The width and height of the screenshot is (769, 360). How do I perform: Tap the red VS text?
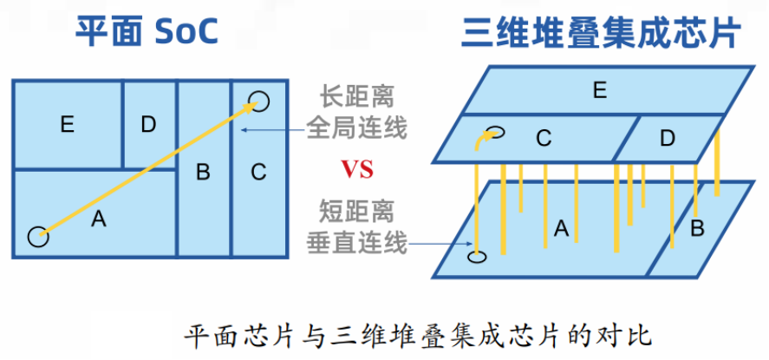pos(356,169)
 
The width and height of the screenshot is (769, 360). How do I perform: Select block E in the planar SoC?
pos(67,125)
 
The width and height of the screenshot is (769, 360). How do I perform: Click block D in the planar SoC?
pos(148,125)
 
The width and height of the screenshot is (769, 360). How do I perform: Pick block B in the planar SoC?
pos(203,172)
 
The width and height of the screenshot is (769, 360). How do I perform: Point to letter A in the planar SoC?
pos(98,220)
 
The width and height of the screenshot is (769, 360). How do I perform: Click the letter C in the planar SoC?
pos(258,172)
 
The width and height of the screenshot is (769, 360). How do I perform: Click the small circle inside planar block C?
pos(259,101)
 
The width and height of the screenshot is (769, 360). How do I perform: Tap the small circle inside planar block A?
pos(37,235)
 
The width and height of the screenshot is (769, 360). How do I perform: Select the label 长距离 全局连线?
pos(356,112)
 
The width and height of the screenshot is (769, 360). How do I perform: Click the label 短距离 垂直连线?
pos(356,226)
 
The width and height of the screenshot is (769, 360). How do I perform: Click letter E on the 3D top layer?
pos(598,90)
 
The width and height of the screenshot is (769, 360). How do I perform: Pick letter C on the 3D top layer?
pos(544,138)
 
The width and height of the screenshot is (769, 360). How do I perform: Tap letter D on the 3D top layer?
pos(667,138)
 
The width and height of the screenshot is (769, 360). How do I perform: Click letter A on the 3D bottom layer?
pos(561,228)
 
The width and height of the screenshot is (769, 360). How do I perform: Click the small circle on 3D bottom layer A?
pos(476,257)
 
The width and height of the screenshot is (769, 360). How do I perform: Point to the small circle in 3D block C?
pos(496,134)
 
